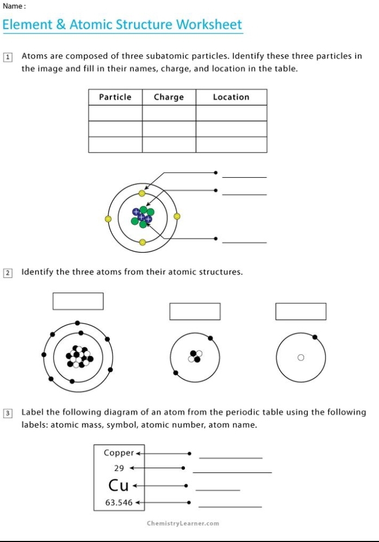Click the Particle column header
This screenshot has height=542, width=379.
pyautogui.click(x=115, y=97)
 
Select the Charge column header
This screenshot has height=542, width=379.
pyautogui.click(x=169, y=97)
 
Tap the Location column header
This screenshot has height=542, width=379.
pyautogui.click(x=231, y=97)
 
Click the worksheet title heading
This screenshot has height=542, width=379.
pyautogui.click(x=122, y=25)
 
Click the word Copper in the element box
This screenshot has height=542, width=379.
pyautogui.click(x=119, y=453)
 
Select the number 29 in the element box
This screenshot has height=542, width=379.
pyautogui.click(x=119, y=468)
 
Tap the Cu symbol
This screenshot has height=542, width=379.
pyautogui.click(x=119, y=485)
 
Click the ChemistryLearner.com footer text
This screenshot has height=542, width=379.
pyautogui.click(x=183, y=524)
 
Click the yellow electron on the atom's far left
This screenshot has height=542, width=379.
pyautogui.click(x=108, y=219)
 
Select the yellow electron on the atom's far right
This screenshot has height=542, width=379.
pyautogui.click(x=177, y=216)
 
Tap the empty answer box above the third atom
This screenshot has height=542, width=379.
pyautogui.click(x=301, y=312)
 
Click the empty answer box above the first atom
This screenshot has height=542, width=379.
pyautogui.click(x=78, y=301)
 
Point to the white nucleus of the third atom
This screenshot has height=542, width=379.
pyautogui.click(x=300, y=358)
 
